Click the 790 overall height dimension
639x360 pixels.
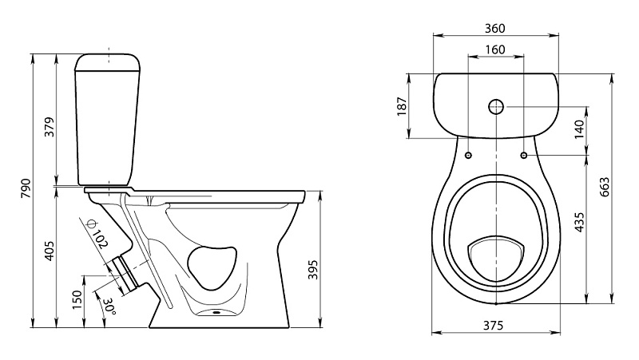[26, 188]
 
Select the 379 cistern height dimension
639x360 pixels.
[50, 127]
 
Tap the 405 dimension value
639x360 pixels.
[50, 251]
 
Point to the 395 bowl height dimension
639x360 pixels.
[312, 269]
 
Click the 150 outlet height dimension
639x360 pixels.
[77, 299]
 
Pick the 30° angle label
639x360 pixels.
[109, 307]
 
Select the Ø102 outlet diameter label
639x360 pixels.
[97, 233]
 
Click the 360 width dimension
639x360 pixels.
[494, 29]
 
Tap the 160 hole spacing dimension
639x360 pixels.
[495, 49]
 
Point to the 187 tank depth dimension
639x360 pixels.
[402, 106]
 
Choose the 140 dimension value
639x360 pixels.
[579, 129]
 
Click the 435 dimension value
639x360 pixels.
[579, 223]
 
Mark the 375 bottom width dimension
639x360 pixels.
[494, 326]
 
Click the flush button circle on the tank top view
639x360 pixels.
[496, 107]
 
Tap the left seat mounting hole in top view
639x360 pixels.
[468, 155]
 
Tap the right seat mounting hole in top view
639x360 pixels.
[524, 155]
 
